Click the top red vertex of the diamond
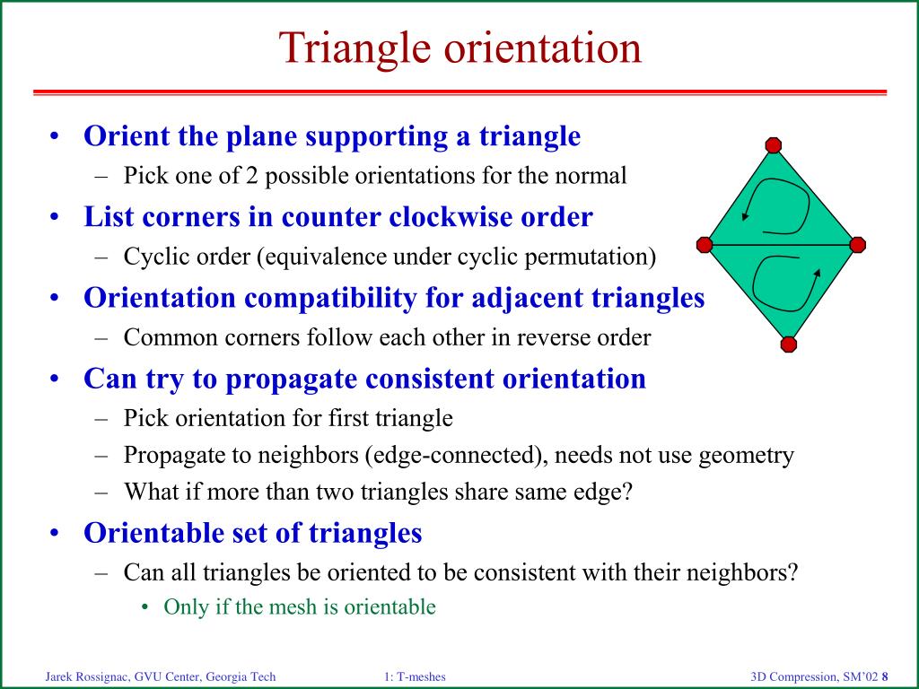click(x=774, y=145)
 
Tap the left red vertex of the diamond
click(x=705, y=245)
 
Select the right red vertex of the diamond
click(x=857, y=245)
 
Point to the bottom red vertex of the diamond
click(x=789, y=344)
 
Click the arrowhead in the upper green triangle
click(x=745, y=215)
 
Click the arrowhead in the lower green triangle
click(x=818, y=273)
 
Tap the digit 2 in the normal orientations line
click(x=251, y=176)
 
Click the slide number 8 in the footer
click(x=885, y=677)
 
